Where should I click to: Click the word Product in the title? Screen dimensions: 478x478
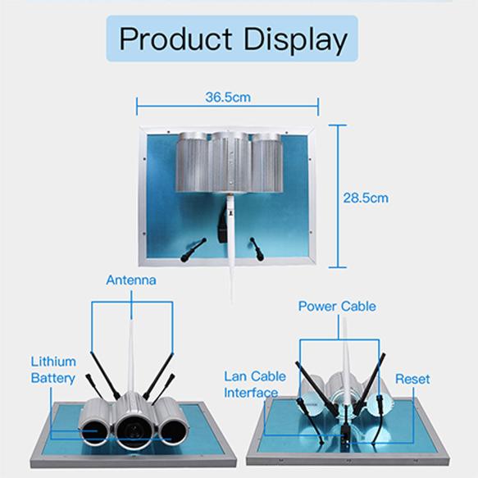175,39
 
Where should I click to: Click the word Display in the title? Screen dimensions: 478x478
296,40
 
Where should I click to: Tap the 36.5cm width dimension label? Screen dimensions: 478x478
228,98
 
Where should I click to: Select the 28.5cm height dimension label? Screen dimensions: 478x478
366,198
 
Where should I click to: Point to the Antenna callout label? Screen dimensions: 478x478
131,280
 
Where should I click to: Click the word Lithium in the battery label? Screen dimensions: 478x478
53,362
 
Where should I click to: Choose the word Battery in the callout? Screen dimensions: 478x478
53,378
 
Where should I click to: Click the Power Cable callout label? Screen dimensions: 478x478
337,307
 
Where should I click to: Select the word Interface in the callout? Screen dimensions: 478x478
251,393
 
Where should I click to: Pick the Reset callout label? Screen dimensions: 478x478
412,379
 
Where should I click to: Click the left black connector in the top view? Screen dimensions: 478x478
193,250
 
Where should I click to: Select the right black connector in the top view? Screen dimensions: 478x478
257,249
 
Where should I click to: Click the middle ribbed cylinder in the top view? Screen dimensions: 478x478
230,162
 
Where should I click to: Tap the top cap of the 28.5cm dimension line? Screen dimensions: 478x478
337,125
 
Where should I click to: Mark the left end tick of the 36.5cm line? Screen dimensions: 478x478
137,107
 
